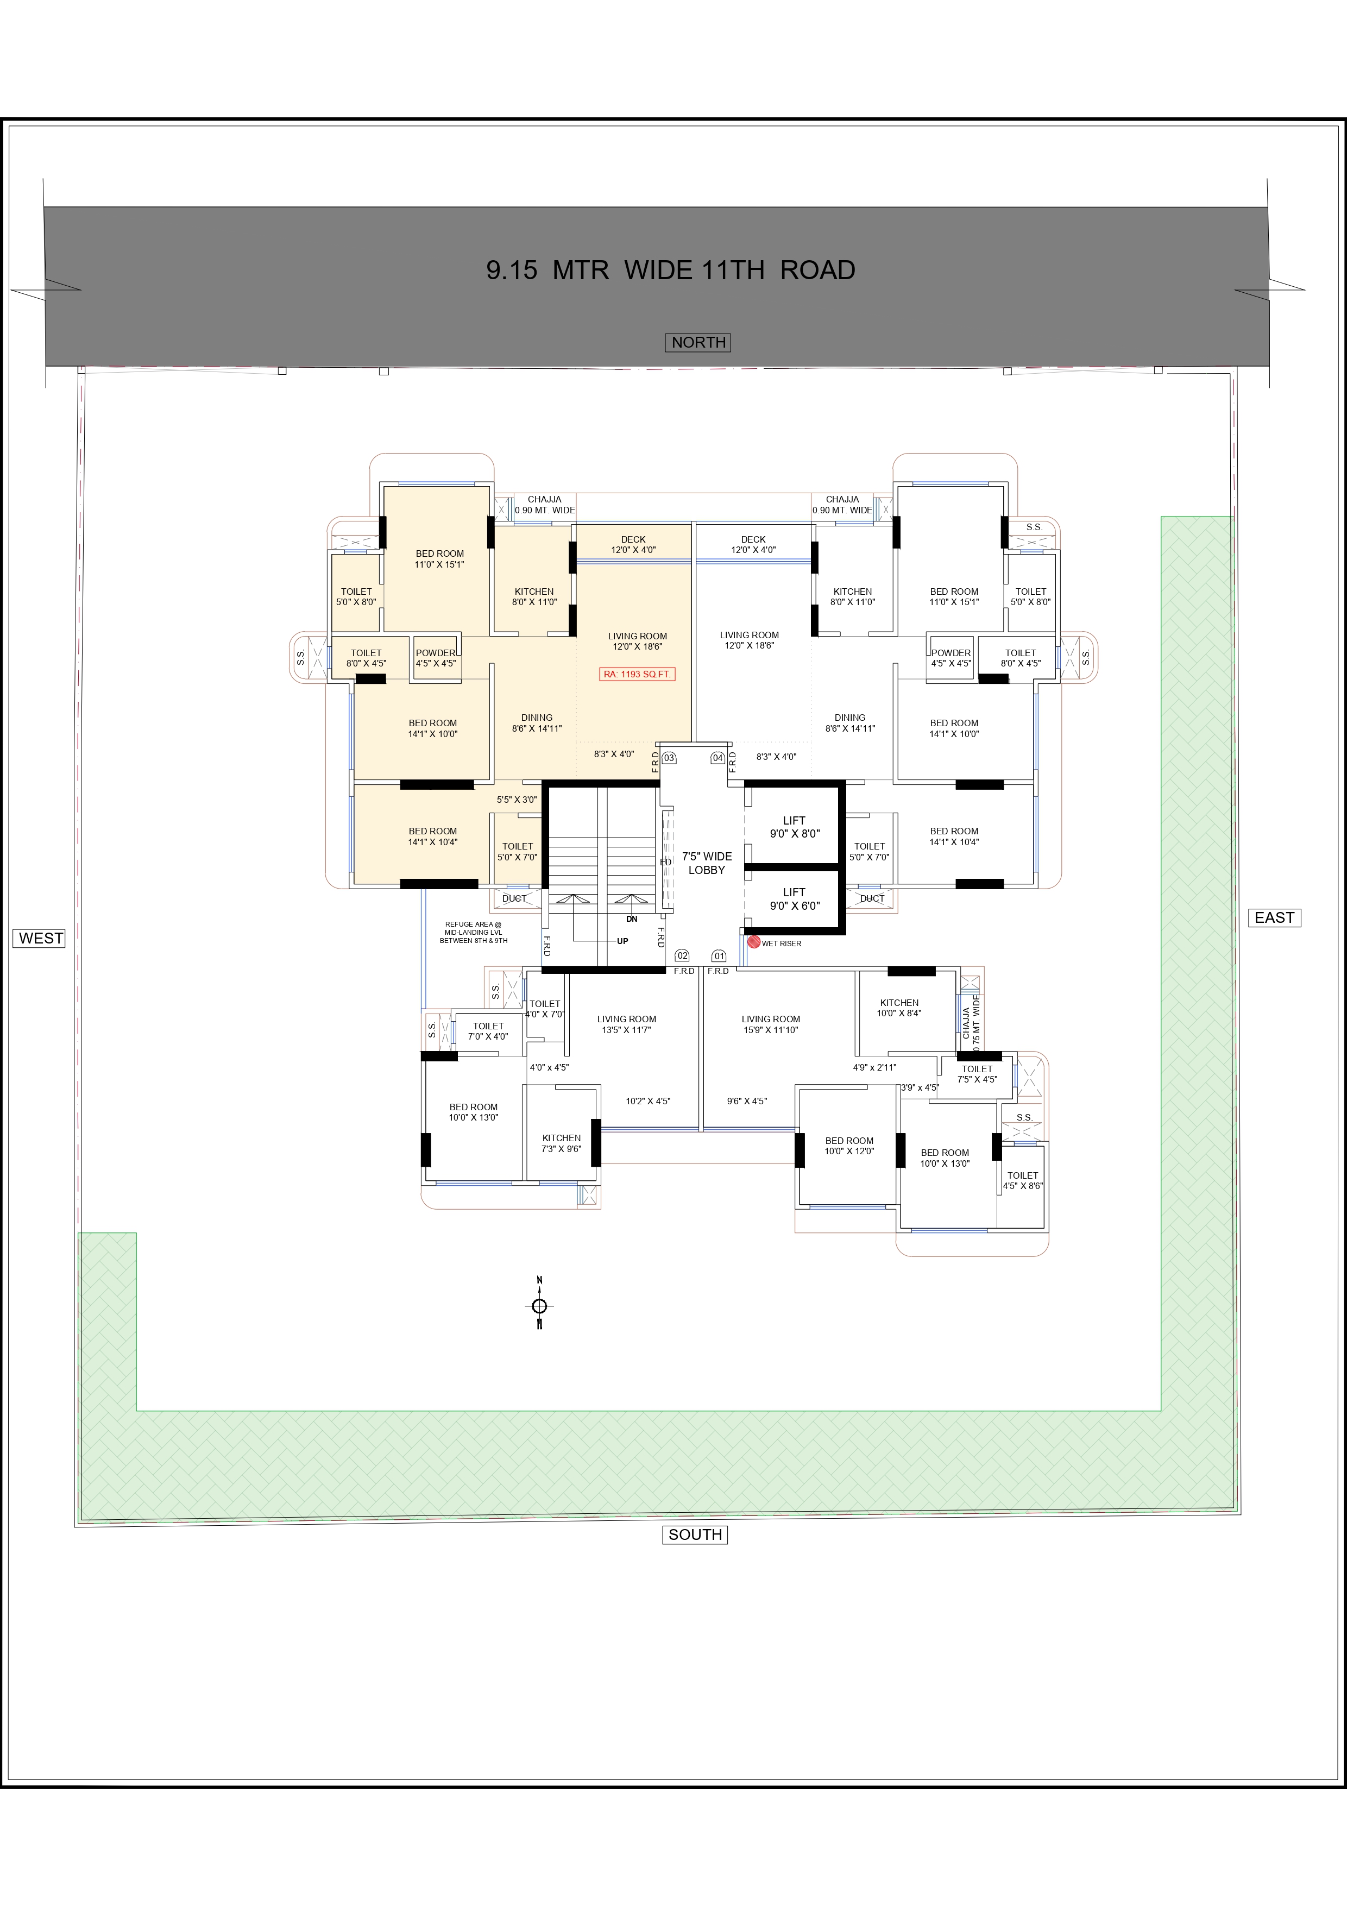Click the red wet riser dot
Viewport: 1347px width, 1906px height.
coord(753,942)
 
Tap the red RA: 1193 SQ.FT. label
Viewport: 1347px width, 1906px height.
coord(638,674)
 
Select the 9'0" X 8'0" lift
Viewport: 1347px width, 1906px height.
coord(794,827)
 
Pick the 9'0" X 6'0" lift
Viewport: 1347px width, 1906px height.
coord(794,899)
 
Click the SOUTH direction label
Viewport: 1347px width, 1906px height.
coord(695,1535)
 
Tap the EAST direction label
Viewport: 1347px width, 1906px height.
coord(1275,917)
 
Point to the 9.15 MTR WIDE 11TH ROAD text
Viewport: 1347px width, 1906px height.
coord(671,270)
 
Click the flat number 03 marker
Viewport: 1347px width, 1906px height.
coord(669,758)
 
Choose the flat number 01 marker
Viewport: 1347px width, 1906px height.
coord(719,955)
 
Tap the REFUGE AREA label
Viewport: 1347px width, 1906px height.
coord(473,932)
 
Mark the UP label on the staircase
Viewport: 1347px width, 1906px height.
coord(622,941)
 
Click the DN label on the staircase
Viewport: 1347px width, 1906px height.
coord(632,919)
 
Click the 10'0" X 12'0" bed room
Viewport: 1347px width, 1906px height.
coord(849,1146)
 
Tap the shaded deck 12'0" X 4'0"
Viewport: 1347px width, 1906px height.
coord(633,545)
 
